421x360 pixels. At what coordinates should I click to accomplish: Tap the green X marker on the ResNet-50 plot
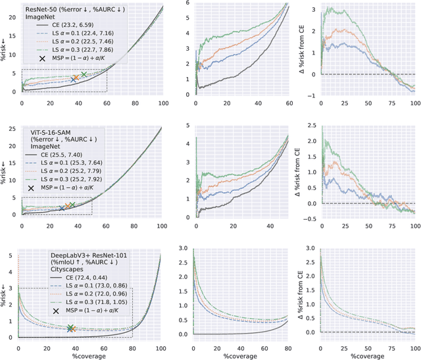click(84, 74)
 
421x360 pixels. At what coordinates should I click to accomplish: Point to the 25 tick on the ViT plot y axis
click(12, 127)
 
